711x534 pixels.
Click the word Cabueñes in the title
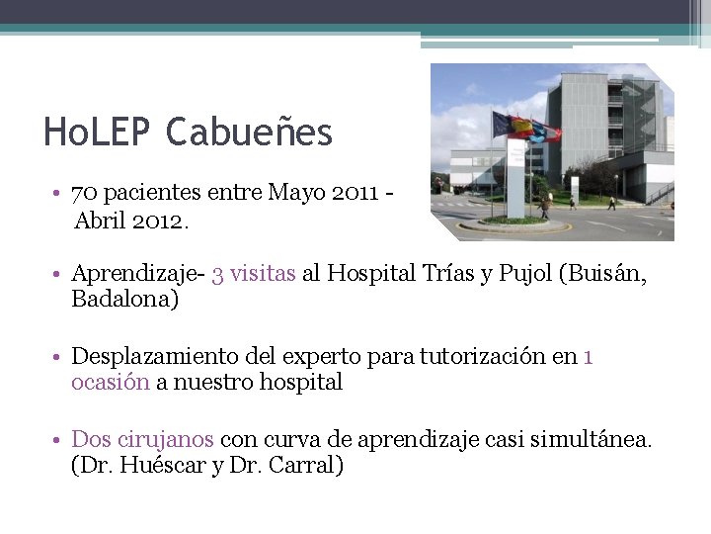click(x=249, y=133)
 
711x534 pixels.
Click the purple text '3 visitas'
click(x=253, y=274)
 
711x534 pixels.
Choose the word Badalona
click(x=124, y=300)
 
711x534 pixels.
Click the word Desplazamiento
click(x=158, y=356)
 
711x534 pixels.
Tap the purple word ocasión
click(x=110, y=382)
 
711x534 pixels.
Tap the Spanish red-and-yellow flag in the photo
click(x=521, y=126)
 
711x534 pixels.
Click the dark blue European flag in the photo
click(x=501, y=124)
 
